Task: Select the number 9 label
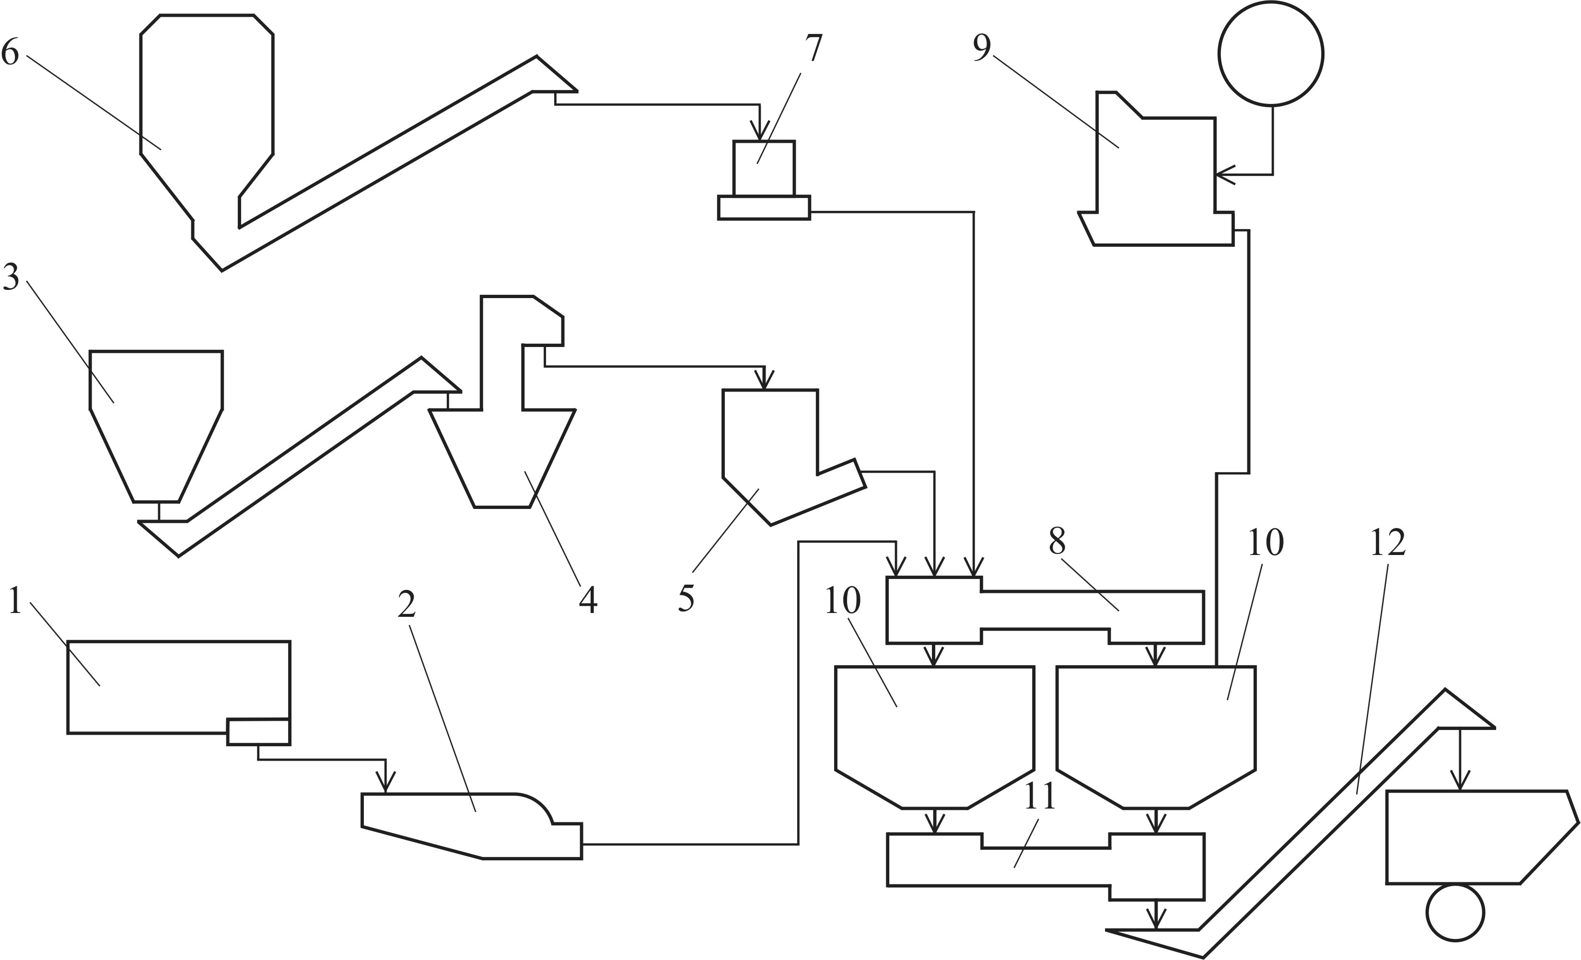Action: [x=982, y=47]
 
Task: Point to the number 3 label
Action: [x=11, y=276]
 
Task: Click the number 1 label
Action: [x=15, y=601]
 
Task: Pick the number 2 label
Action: [x=407, y=604]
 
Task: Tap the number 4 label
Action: [x=588, y=600]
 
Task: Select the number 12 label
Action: [x=1388, y=543]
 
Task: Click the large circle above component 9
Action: [x=1271, y=53]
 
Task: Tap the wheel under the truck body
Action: [x=1455, y=913]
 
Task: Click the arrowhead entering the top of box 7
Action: [x=760, y=133]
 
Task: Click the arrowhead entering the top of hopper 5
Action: [x=764, y=381]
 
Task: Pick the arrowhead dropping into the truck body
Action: [x=1460, y=782]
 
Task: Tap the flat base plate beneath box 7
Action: [x=764, y=208]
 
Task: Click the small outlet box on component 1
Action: [x=258, y=731]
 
